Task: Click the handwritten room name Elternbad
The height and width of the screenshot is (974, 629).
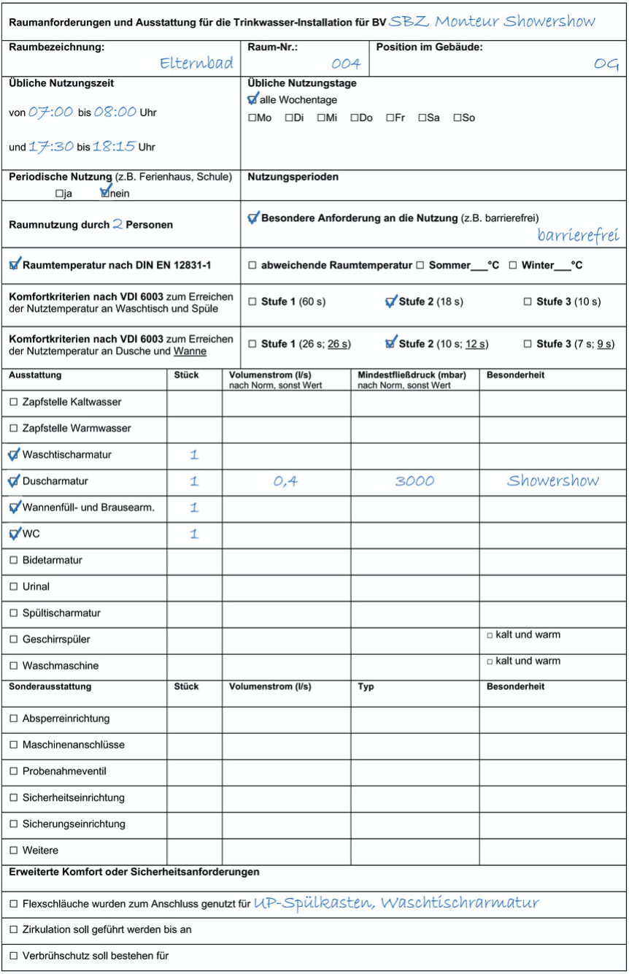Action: point(197,64)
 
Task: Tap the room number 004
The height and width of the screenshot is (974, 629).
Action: point(346,64)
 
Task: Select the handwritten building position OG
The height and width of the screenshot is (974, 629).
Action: point(606,64)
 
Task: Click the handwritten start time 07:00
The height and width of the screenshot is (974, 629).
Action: point(51,112)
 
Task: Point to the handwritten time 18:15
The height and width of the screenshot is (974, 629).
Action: point(115,146)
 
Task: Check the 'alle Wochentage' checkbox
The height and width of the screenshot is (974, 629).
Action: point(252,99)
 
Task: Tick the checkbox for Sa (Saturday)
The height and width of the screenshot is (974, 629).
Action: point(422,118)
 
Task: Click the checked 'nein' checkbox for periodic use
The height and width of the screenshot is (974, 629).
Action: point(105,193)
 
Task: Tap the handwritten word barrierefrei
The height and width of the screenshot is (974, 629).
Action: point(578,235)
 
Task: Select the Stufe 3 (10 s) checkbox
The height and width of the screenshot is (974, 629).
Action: point(528,302)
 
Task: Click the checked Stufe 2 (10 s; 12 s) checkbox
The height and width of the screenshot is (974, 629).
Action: point(390,343)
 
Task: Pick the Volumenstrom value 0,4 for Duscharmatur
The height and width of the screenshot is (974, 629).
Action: point(285,481)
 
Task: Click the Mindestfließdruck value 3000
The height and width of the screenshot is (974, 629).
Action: point(414,481)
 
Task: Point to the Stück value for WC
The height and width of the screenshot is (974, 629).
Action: point(194,534)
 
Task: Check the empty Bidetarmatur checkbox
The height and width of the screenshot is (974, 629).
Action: point(14,561)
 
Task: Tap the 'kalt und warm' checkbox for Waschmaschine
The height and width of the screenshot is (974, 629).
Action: point(490,662)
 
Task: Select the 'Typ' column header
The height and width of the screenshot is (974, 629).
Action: point(366,687)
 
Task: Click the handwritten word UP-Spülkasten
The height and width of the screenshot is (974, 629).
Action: point(313,903)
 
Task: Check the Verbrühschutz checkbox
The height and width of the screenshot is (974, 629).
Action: point(14,956)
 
